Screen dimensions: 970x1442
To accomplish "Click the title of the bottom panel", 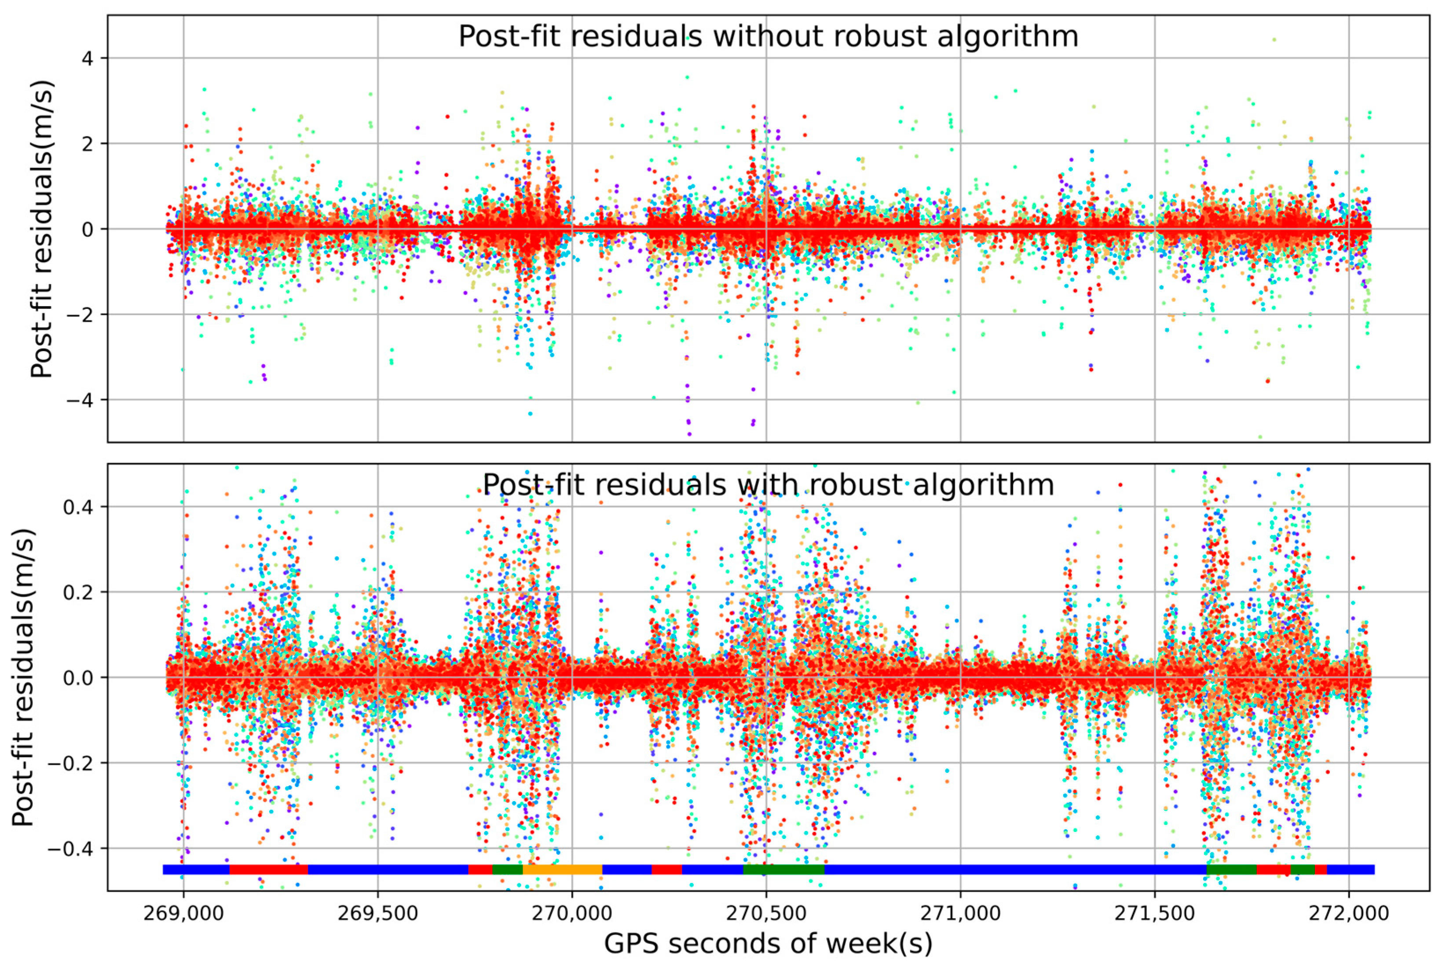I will pos(769,485).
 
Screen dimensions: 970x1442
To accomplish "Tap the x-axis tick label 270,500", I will pos(766,914).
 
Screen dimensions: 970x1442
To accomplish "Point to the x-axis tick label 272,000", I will pos(1349,914).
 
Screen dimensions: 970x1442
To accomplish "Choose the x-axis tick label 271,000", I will pos(960,914).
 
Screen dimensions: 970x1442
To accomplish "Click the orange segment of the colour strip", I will pos(562,869).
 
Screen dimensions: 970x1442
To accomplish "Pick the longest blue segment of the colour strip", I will pos(1014,869).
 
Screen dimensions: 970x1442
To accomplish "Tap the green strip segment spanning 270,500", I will pos(783,869).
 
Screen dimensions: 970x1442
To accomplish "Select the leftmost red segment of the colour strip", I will pos(268,869).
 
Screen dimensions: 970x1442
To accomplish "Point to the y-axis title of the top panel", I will pos(42,229).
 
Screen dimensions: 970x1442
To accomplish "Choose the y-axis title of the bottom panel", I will pos(23,677).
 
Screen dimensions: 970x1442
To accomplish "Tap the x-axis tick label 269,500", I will pos(377,914).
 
